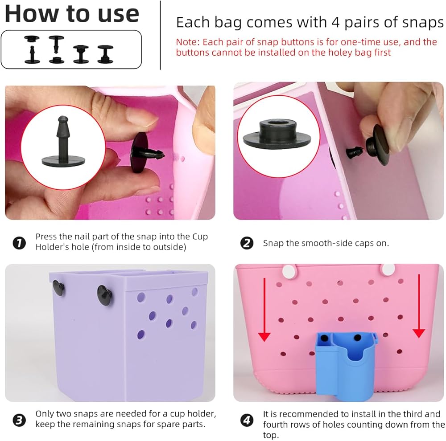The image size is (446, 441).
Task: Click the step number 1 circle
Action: tap(19, 243)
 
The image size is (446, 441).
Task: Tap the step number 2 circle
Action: tap(247, 243)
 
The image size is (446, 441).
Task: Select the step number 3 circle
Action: tap(19, 420)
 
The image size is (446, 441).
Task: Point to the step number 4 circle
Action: tap(247, 420)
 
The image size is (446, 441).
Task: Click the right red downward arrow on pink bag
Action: tap(419, 306)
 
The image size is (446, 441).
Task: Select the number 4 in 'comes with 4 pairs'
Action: tap(336, 22)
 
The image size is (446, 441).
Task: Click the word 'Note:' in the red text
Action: tap(188, 42)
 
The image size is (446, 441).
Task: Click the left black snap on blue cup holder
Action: tap(324, 339)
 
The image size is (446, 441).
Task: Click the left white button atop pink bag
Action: tap(289, 271)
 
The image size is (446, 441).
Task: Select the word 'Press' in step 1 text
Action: tap(46, 237)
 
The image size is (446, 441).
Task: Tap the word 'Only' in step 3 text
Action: tap(44, 414)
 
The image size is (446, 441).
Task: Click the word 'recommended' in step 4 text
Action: tap(309, 414)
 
